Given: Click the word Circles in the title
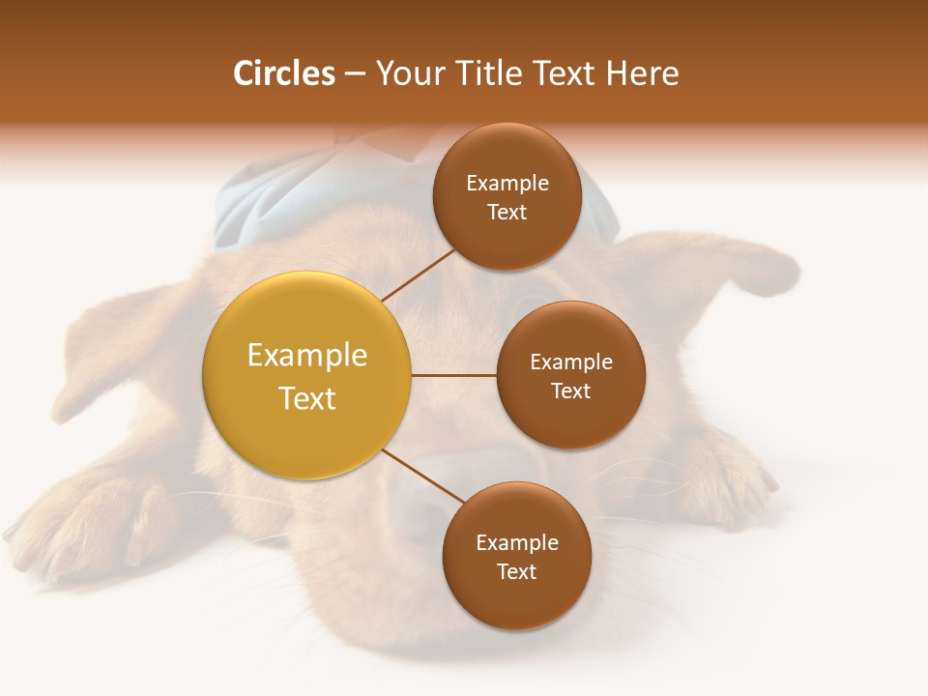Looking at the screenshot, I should pos(283,73).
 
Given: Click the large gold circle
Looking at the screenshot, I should pos(307,375).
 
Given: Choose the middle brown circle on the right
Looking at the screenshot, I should pos(570,375).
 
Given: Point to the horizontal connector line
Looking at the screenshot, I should pos(453,375).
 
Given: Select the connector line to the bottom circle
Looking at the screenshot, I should pos(422,476).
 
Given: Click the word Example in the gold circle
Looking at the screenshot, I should pos(307,356).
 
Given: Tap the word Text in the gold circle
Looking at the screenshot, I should pos(307,398).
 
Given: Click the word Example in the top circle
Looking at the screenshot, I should pos(507,184).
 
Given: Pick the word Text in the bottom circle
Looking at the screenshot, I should pos(516,571).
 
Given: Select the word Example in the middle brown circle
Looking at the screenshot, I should pos(571,362).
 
